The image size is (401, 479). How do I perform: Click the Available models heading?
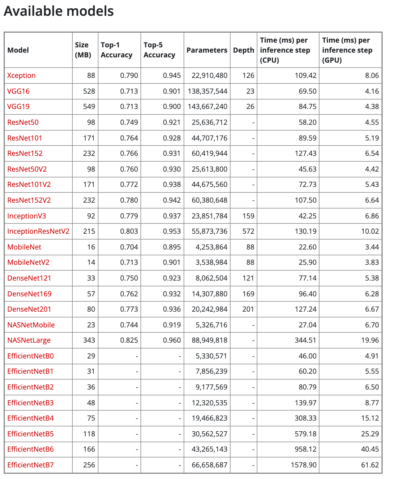click(59, 11)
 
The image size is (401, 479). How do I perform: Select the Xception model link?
click(21, 76)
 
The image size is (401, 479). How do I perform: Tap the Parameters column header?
click(207, 50)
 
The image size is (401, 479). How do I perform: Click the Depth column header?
click(243, 50)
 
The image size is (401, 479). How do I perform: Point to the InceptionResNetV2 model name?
click(38, 231)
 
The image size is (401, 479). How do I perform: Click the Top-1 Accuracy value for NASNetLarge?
click(129, 340)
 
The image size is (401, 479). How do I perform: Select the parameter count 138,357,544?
click(208, 91)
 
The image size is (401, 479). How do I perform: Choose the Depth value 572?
click(248, 231)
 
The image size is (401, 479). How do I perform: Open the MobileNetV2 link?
click(28, 262)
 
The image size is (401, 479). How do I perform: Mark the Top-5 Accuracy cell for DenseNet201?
click(172, 309)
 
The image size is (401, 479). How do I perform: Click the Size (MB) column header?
click(83, 50)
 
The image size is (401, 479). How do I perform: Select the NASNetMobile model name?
click(31, 325)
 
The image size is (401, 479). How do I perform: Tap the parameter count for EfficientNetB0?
click(211, 356)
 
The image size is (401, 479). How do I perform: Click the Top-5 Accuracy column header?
click(159, 50)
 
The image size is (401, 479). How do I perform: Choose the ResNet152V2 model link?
click(29, 200)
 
